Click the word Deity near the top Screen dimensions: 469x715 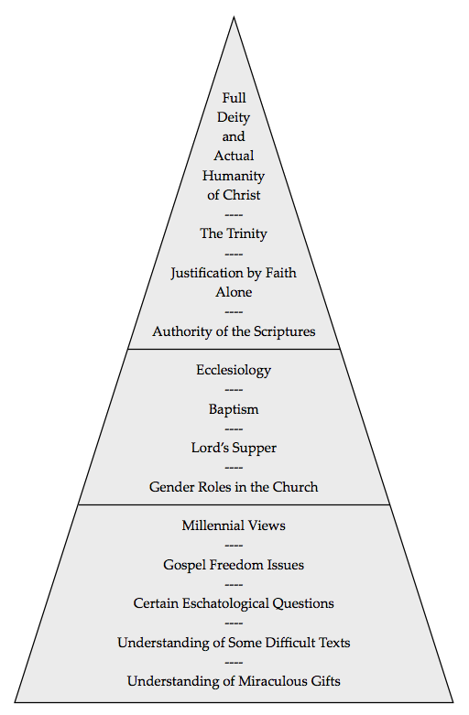pyautogui.click(x=234, y=118)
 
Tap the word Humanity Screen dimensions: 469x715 pyautogui.click(x=234, y=176)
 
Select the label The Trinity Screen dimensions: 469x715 pyautogui.click(x=234, y=233)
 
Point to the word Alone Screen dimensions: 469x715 pyautogui.click(x=234, y=292)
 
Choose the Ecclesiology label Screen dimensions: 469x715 pyautogui.click(x=234, y=370)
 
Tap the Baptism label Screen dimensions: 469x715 pyautogui.click(x=234, y=409)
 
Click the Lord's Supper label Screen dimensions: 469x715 pyautogui.click(x=234, y=448)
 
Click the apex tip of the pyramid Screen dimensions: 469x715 pyautogui.click(x=234, y=17)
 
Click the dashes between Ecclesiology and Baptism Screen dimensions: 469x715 pyautogui.click(x=234, y=390)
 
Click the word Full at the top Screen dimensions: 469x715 pyautogui.click(x=234, y=98)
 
